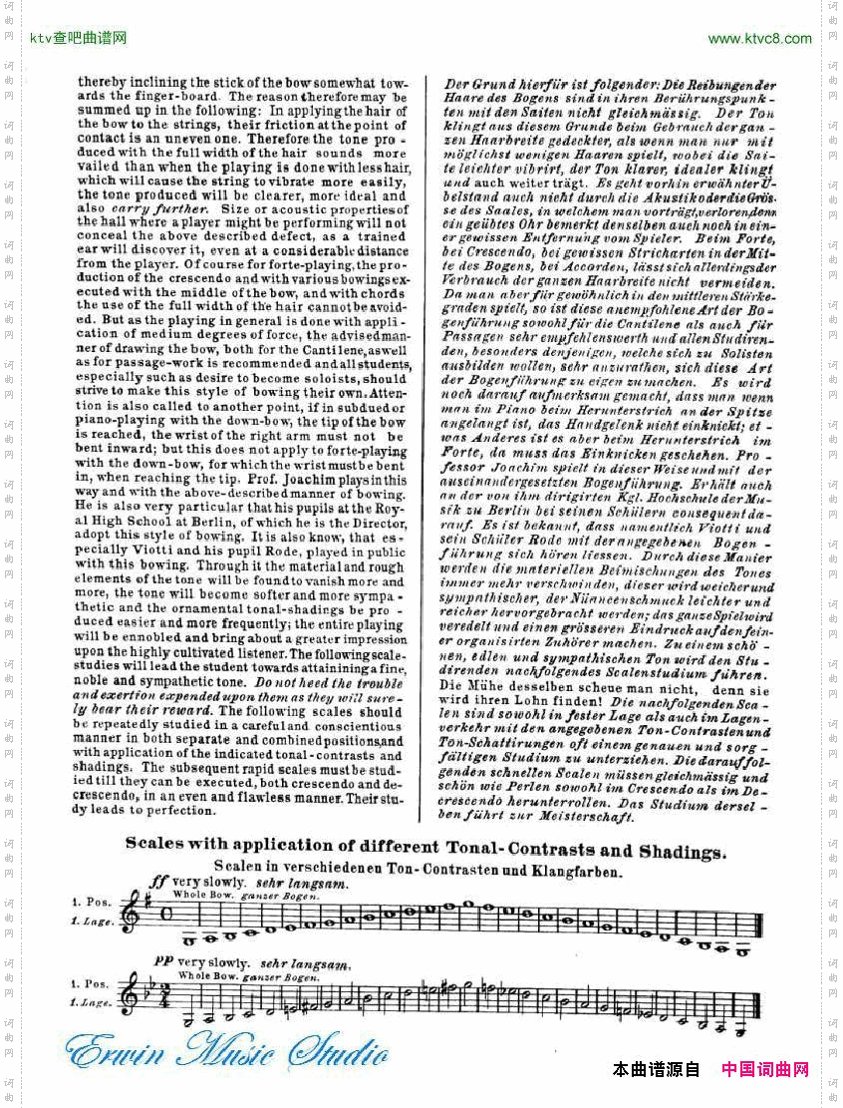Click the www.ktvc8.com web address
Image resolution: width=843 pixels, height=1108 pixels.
point(759,39)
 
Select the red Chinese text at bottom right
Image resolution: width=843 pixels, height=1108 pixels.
point(764,1070)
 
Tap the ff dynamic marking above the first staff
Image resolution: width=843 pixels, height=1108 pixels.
point(157,882)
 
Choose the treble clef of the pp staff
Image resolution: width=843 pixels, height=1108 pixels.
point(130,997)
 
